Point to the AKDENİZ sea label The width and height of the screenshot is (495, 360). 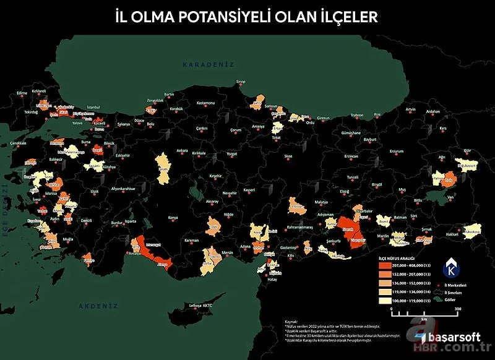[x=98, y=306]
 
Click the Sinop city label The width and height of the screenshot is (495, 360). [x=241, y=82]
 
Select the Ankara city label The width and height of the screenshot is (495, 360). [x=182, y=150]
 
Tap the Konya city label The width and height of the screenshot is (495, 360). [x=173, y=217]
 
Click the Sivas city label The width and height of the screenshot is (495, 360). [x=288, y=156]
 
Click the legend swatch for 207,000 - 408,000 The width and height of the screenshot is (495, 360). [x=387, y=265]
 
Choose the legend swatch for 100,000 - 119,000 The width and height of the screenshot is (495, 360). [x=387, y=301]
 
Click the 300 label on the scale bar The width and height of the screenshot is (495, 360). [x=458, y=308]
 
